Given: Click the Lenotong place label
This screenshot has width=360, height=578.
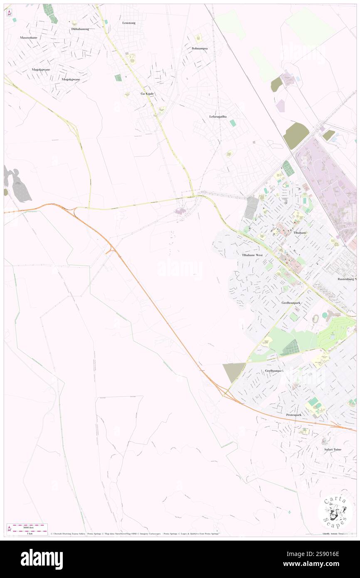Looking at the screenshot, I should (x=129, y=23).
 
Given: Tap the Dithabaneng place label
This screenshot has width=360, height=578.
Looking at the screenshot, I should (x=80, y=29).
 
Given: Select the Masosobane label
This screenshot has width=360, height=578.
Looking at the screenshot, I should (x=29, y=37).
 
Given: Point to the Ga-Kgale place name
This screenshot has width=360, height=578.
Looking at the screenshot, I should (x=147, y=94).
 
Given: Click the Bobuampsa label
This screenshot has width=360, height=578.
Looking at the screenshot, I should (x=200, y=48).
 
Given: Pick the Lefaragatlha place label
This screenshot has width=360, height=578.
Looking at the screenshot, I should (x=218, y=117).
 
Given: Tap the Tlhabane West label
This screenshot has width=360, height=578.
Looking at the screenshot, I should (x=252, y=255).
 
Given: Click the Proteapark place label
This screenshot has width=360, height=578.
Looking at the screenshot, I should (x=293, y=415).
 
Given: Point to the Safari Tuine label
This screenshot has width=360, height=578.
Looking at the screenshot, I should (x=333, y=450).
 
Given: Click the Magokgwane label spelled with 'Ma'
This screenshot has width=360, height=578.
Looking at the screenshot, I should (x=41, y=69).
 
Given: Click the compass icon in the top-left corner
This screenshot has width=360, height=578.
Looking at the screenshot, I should (x=9, y=13).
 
